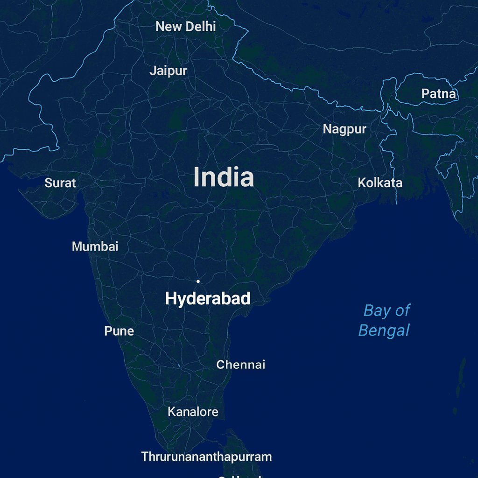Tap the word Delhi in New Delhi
click(x=201, y=27)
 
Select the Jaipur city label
click(x=168, y=71)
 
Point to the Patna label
click(x=438, y=94)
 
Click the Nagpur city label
click(x=344, y=129)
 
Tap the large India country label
click(x=224, y=178)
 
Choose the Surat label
click(x=60, y=183)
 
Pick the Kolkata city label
click(x=380, y=183)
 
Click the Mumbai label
click(x=95, y=246)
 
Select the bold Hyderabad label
click(x=208, y=299)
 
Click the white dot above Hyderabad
click(x=198, y=281)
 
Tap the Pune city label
click(x=119, y=331)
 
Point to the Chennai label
click(x=240, y=365)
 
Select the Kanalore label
click(x=193, y=412)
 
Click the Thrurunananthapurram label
click(x=206, y=457)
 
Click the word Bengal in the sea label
click(x=384, y=331)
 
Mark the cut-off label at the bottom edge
click(x=238, y=476)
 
